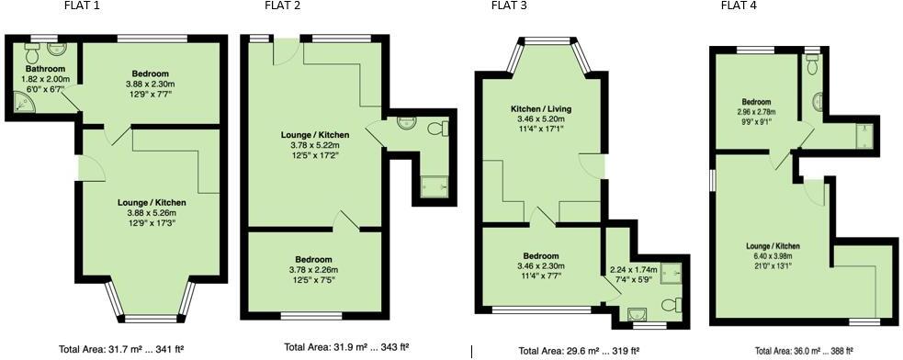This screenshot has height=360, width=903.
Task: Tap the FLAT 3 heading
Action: [x=508, y=6]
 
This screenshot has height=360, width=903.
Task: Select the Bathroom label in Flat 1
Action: [x=43, y=69]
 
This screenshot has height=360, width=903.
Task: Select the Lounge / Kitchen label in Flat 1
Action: [x=152, y=202]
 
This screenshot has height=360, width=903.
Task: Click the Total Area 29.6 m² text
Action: [x=580, y=350]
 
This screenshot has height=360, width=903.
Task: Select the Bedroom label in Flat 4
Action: [x=756, y=102]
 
